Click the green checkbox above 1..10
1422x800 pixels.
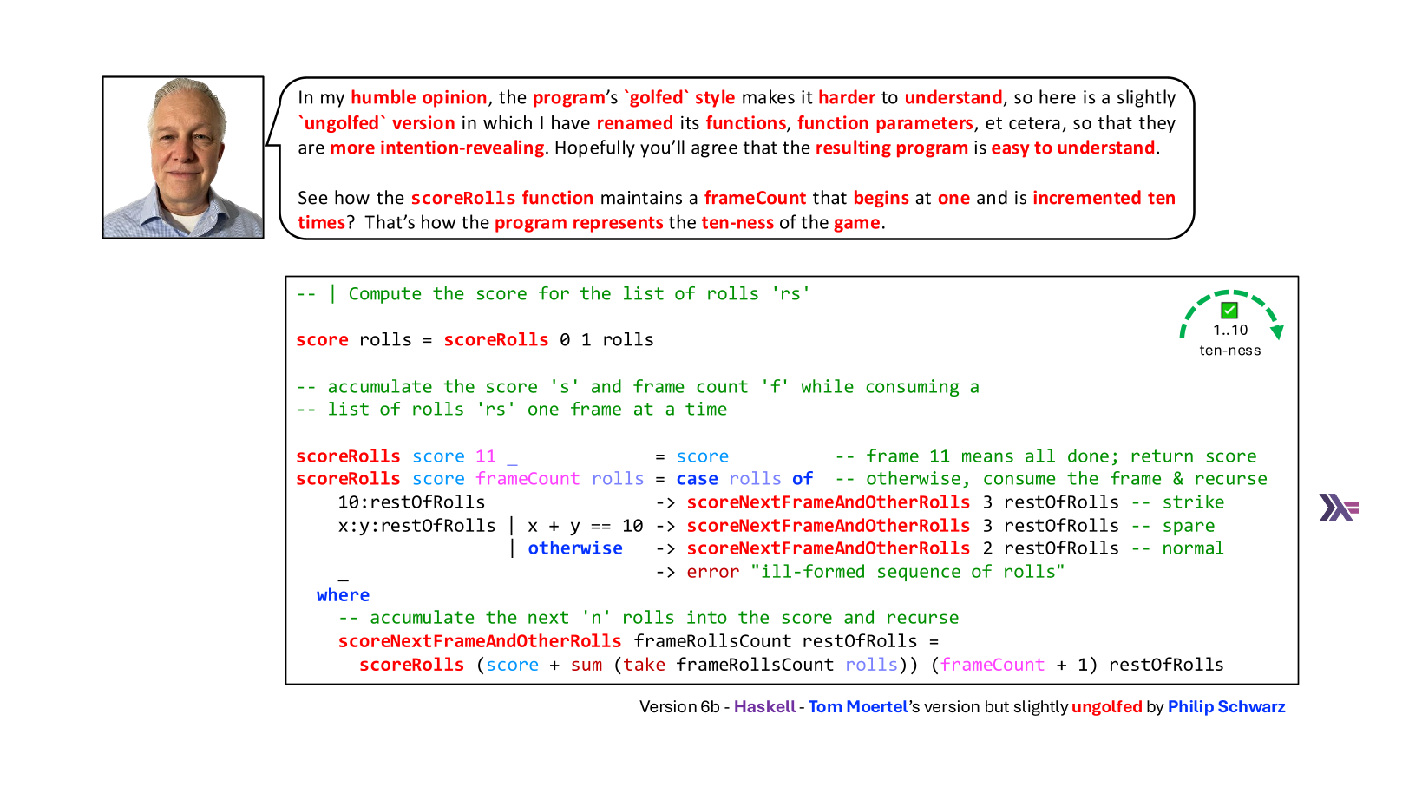point(1229,310)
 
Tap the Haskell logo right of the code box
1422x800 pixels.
point(1339,508)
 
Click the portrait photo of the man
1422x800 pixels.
point(183,157)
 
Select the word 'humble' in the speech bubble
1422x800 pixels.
point(383,97)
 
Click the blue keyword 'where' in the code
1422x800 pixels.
point(343,595)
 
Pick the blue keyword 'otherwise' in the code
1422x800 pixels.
point(575,548)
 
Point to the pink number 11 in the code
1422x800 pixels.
point(486,456)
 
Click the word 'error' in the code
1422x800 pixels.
point(713,572)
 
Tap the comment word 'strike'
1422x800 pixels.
point(1193,502)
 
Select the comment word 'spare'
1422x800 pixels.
point(1189,526)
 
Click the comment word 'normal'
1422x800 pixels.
point(1193,548)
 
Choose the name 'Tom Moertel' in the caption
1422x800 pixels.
point(858,706)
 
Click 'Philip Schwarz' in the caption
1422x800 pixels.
point(1227,706)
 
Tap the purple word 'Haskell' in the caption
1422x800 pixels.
point(764,706)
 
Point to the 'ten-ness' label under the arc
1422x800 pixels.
point(1229,350)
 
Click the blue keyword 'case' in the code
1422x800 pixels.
point(697,479)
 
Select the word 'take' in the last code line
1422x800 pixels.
point(645,664)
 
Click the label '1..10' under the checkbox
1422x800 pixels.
point(1230,331)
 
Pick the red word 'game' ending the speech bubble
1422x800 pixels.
point(857,224)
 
